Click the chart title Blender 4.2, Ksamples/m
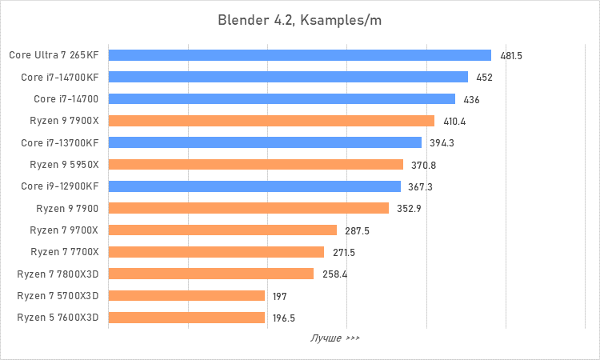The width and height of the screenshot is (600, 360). [x=300, y=20]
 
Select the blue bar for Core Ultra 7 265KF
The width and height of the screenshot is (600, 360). [x=299, y=55]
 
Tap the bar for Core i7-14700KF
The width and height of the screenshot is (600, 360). [x=288, y=78]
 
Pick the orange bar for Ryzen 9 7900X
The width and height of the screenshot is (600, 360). [x=271, y=121]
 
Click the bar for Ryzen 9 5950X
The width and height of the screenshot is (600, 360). [x=255, y=165]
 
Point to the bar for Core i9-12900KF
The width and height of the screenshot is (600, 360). [x=254, y=186]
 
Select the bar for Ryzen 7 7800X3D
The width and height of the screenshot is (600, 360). [x=210, y=274]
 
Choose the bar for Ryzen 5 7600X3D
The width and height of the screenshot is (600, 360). [x=186, y=318]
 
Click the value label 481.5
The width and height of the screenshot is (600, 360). [x=511, y=56]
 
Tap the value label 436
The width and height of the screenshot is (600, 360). [x=471, y=99]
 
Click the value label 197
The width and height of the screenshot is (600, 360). [x=279, y=296]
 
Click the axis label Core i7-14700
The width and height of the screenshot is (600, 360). [x=66, y=99]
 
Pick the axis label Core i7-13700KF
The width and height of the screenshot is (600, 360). [x=60, y=143]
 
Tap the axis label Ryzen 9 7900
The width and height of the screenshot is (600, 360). [x=67, y=209]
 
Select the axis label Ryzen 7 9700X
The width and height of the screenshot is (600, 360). [x=64, y=230]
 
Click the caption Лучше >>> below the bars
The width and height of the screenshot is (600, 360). [x=335, y=338]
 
